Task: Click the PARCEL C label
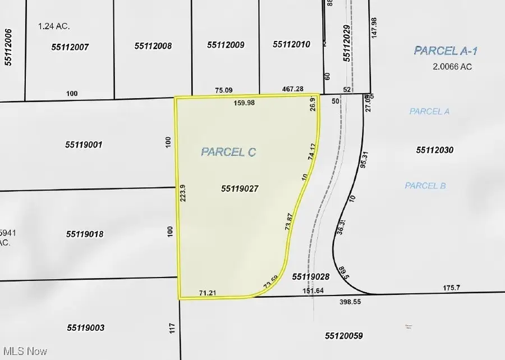[228, 152]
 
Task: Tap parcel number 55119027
[240, 189]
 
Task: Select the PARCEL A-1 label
[446, 51]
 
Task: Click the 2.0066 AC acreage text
[452, 66]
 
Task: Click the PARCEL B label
[425, 185]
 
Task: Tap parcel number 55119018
[85, 234]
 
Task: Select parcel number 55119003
[85, 327]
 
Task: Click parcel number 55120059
[344, 336]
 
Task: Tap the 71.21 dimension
[208, 293]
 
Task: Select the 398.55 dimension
[353, 302]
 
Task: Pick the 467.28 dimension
[292, 89]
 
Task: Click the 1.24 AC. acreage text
[54, 26]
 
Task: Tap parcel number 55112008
[153, 46]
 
